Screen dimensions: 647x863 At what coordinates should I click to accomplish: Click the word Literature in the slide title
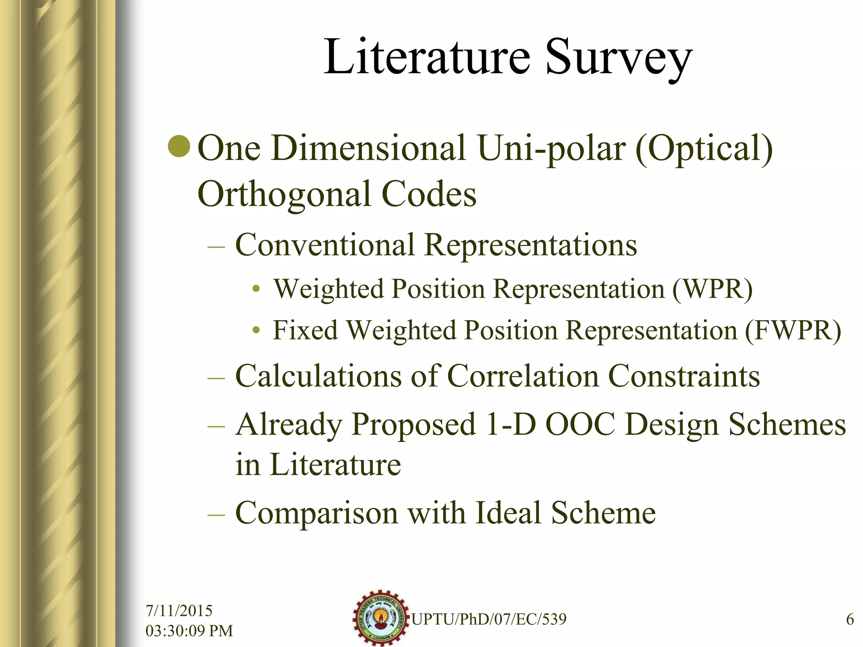coord(426,57)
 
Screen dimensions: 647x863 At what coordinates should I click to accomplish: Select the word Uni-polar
coord(552,149)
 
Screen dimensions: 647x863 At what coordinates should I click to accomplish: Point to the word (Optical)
coord(704,149)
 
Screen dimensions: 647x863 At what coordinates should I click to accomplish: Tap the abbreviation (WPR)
coord(712,289)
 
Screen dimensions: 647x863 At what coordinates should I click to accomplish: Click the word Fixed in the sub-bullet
coord(306,330)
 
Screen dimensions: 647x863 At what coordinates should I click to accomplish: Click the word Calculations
coord(318,376)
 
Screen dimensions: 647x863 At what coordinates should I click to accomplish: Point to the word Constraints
coord(684,376)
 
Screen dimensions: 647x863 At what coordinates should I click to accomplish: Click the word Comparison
coord(316,513)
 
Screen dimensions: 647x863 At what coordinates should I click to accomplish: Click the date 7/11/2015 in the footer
coord(179,610)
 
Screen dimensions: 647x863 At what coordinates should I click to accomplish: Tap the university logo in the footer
coord(381,618)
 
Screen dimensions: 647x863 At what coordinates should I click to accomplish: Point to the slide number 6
coord(850,619)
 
